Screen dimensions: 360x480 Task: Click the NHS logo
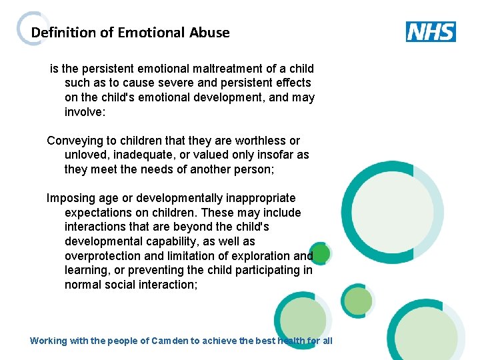point(431,31)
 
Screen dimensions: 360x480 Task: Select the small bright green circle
point(321,253)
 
